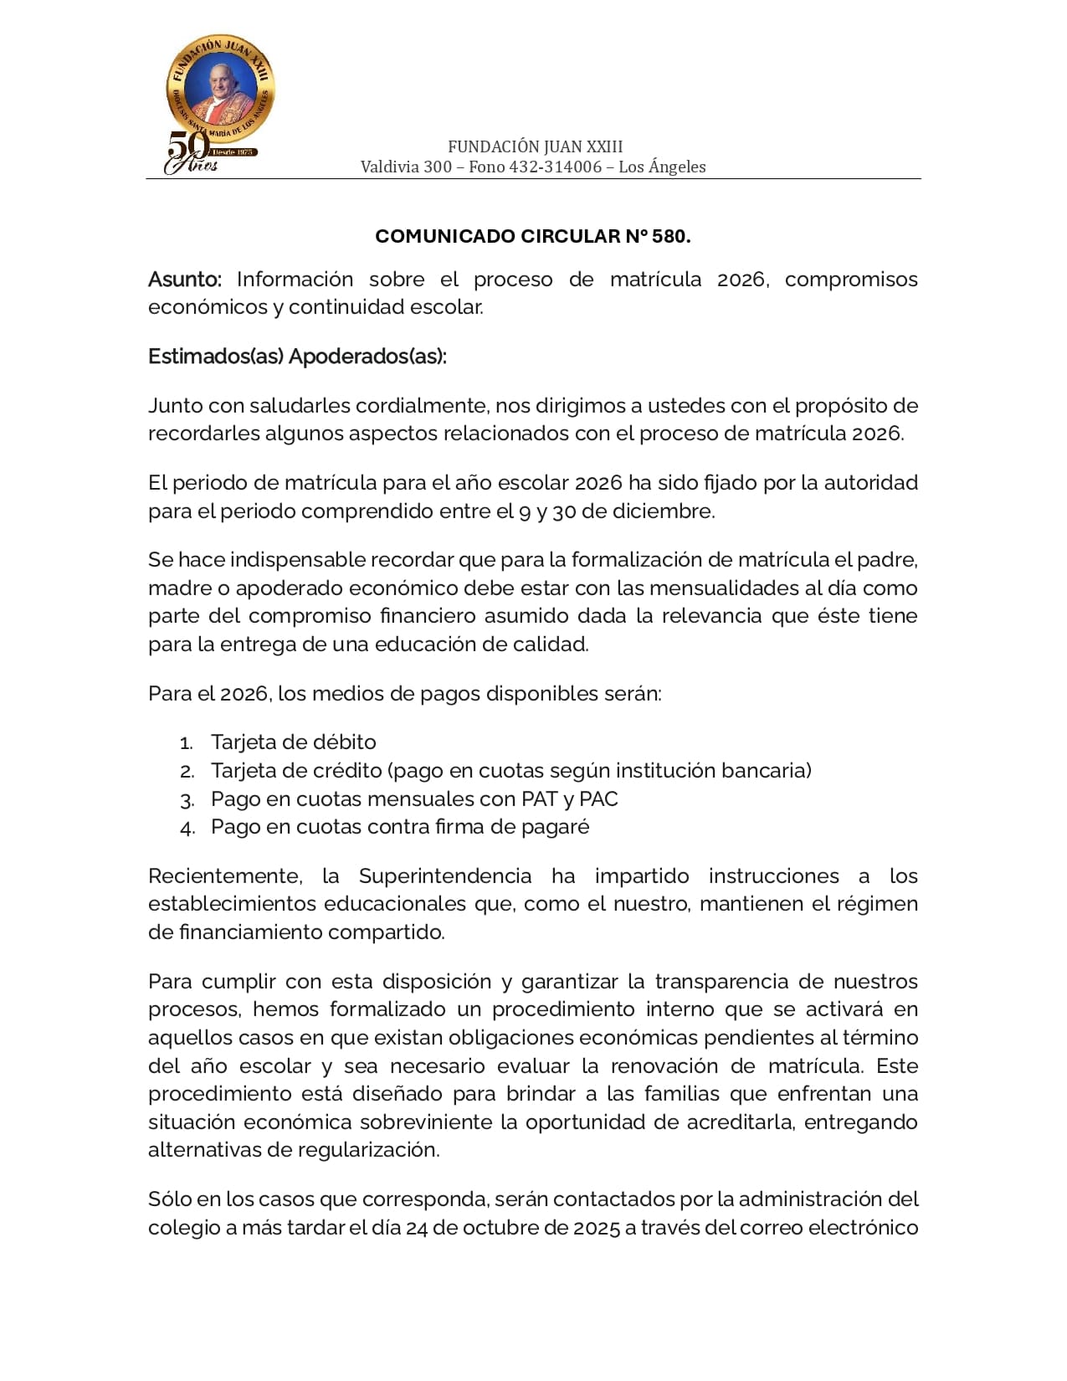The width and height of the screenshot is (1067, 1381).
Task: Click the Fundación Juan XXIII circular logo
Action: [220, 90]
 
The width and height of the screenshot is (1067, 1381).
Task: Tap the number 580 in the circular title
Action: [669, 237]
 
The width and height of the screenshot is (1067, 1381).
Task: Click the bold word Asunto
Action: [185, 280]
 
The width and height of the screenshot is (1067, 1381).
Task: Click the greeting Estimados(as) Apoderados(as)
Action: [297, 357]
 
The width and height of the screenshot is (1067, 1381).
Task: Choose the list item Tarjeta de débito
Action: [293, 742]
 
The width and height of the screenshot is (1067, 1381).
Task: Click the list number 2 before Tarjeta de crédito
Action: [187, 772]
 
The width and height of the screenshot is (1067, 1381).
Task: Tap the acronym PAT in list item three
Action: [540, 799]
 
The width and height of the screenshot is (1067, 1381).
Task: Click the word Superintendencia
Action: [445, 876]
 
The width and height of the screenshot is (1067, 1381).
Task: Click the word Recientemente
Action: [224, 876]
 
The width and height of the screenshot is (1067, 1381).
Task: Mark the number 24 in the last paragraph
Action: [417, 1228]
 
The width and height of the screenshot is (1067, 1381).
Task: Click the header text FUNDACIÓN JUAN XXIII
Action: [535, 146]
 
